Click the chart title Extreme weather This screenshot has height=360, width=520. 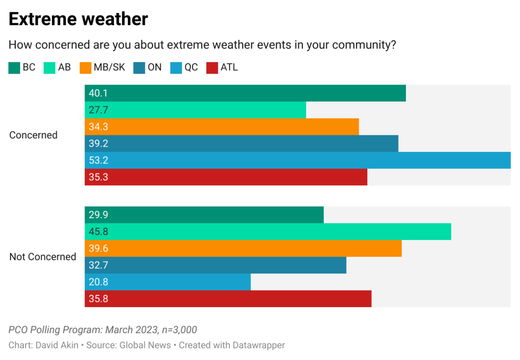78,19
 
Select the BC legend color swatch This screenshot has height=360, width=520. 14,68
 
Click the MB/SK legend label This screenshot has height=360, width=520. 109,67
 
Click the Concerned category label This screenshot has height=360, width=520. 33,135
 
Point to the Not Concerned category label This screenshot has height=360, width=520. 43,257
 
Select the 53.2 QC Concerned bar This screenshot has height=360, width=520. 298,160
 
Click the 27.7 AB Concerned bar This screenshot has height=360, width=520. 195,110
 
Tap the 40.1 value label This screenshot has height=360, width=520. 98,93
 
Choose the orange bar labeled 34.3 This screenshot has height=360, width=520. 222,127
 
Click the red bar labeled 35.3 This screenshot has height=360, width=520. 226,177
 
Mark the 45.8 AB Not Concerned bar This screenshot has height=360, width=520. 268,232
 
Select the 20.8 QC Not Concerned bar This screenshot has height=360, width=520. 167,282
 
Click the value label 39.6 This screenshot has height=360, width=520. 98,249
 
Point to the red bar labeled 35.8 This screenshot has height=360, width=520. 228,299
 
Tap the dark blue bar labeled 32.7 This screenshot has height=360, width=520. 215,265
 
